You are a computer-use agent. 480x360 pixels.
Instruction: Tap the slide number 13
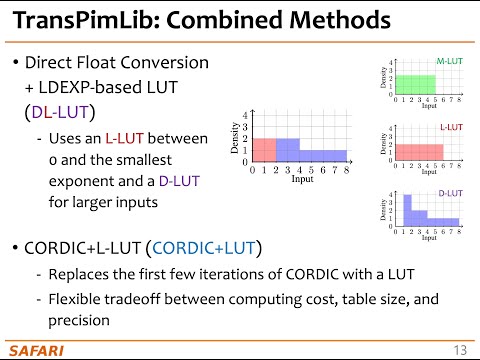coord(460,348)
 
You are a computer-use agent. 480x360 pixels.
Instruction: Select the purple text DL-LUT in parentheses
coord(62,112)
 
